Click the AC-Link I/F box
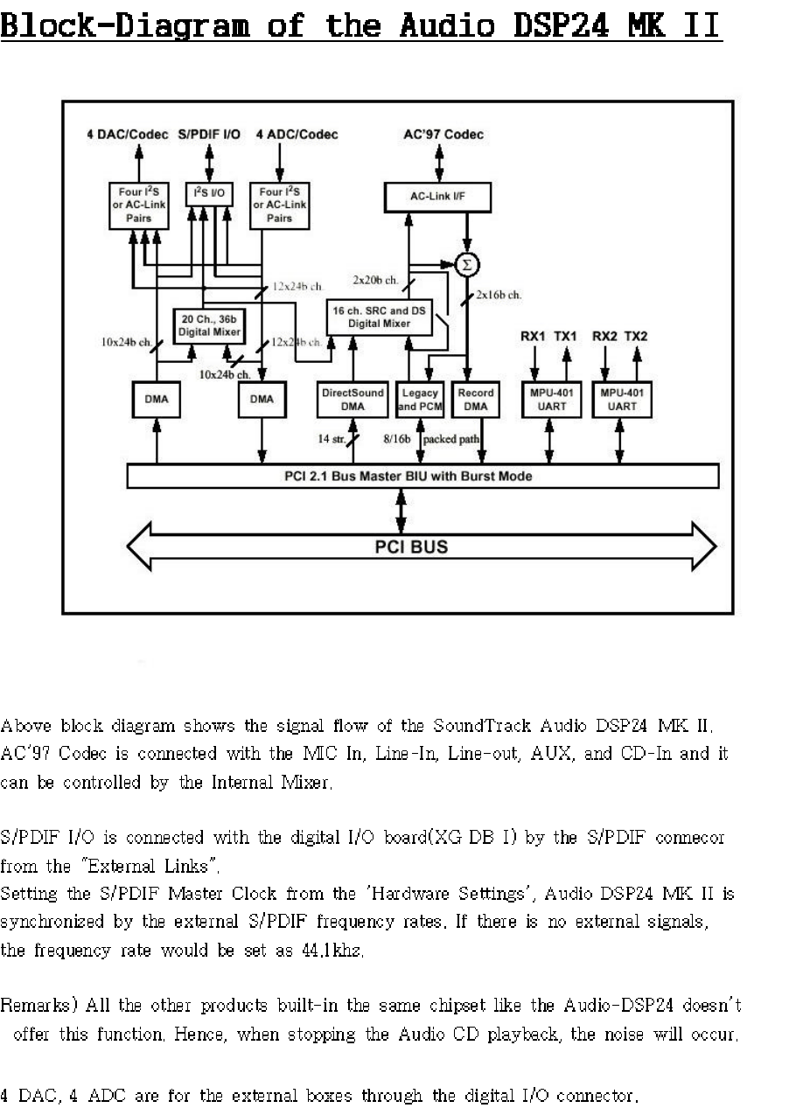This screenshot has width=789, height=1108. [437, 197]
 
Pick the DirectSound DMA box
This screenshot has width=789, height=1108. [353, 400]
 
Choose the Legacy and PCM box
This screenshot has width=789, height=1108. [420, 400]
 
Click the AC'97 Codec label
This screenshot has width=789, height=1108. [443, 135]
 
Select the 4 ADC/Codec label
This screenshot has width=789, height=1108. [297, 135]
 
